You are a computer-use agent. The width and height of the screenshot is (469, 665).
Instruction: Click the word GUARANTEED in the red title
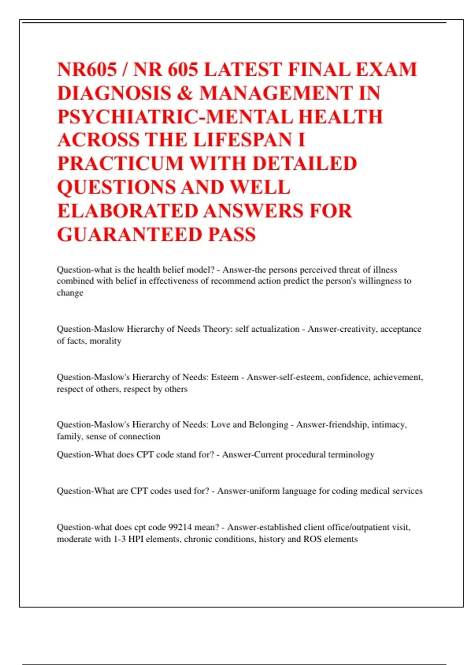pos(129,234)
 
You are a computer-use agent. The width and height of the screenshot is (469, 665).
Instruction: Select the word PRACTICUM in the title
pos(120,164)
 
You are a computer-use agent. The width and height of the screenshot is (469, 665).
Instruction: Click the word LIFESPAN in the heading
pos(243,140)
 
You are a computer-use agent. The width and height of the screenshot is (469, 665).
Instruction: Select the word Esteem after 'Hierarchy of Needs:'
pos(224,377)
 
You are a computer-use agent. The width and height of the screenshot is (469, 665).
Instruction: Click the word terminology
pos(351,455)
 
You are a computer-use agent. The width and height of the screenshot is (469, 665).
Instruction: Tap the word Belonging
pos(268,424)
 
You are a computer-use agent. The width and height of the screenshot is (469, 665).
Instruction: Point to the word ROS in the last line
pos(311,539)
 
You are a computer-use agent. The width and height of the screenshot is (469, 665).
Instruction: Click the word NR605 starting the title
pos(87,70)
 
